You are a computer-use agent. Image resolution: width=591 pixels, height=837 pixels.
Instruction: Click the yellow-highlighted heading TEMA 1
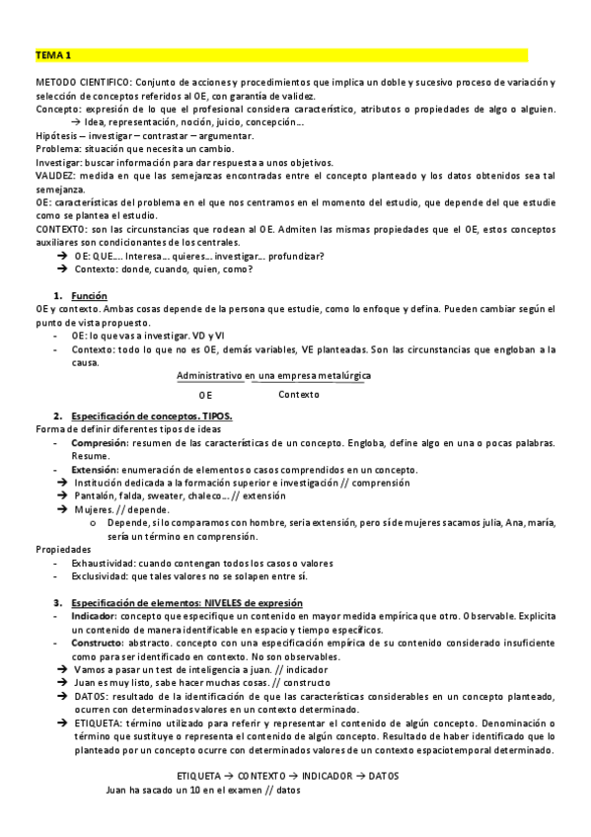(53, 55)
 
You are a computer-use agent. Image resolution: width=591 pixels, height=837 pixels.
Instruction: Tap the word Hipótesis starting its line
(57, 135)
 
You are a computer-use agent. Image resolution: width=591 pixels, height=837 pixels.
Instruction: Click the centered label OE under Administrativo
(204, 395)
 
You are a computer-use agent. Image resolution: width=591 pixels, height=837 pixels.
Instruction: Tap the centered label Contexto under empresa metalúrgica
(298, 395)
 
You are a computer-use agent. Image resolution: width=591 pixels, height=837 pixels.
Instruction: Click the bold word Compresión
(98, 443)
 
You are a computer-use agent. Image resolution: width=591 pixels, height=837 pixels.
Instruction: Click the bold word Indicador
(94, 616)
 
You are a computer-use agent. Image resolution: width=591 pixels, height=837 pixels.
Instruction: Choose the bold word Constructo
(98, 643)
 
